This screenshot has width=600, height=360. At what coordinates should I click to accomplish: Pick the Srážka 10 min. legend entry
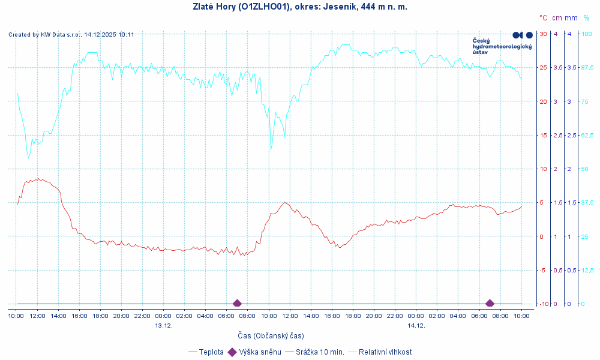318,352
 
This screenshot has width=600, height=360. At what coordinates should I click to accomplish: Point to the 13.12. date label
164,325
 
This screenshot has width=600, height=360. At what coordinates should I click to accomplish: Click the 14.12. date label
416,325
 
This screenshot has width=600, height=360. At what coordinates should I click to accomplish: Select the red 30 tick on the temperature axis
544,34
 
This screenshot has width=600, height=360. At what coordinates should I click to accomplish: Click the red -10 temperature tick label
542,304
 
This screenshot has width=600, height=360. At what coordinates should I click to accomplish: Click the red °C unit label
543,18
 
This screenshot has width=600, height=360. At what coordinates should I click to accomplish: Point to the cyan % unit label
586,18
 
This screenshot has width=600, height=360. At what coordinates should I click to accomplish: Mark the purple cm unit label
557,18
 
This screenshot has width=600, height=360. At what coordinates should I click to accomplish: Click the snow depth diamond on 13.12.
237,304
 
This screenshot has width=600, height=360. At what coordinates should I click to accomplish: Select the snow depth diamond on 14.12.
490,304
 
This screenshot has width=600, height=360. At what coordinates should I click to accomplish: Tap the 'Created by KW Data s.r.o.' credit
71,35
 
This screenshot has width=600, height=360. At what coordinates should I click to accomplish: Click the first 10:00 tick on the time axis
16,316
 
